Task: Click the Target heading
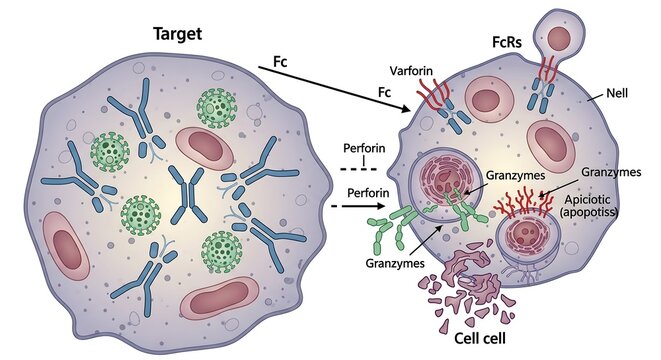coord(178,34)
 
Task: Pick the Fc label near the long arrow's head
coord(383,91)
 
